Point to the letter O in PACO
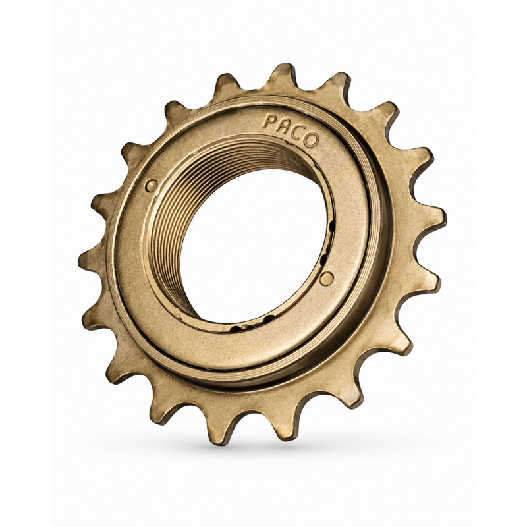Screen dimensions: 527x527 pyautogui.click(x=310, y=140)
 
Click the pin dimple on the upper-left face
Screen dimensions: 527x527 pyautogui.click(x=152, y=185)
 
